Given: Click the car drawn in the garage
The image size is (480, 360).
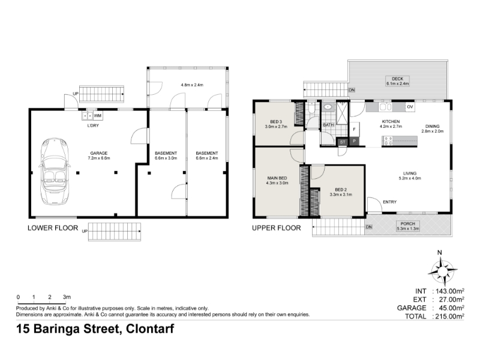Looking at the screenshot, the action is pos(54,171).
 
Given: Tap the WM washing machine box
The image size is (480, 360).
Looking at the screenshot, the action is pos(98,116).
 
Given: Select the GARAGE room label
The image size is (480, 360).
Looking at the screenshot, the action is pos(99,153).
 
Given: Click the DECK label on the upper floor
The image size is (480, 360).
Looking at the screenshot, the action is pos(397,79).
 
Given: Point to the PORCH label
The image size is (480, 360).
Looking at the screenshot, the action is pos(408,224).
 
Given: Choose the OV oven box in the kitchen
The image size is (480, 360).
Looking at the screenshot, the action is pos(410,107).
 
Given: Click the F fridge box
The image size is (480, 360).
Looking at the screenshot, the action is pos(354,130).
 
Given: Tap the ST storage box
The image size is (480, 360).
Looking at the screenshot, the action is pos(343,142).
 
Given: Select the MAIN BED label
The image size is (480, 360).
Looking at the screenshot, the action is pos(277,178).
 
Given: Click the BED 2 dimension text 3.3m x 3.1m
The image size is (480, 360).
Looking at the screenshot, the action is pos(341,194).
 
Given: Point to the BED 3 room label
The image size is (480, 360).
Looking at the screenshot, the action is pos(276,122).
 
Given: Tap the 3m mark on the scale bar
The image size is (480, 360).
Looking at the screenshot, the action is pos(67,297).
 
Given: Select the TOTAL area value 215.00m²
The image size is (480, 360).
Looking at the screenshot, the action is pos(449,316).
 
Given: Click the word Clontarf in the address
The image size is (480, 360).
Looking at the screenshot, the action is pos(151,329).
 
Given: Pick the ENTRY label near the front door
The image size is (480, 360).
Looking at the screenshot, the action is pos(389,202).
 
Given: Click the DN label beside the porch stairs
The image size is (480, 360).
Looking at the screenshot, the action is pos(369,227).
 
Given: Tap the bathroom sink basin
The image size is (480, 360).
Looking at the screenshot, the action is pos(328,107).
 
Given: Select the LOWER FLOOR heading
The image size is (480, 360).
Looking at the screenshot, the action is pos(53,228).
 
